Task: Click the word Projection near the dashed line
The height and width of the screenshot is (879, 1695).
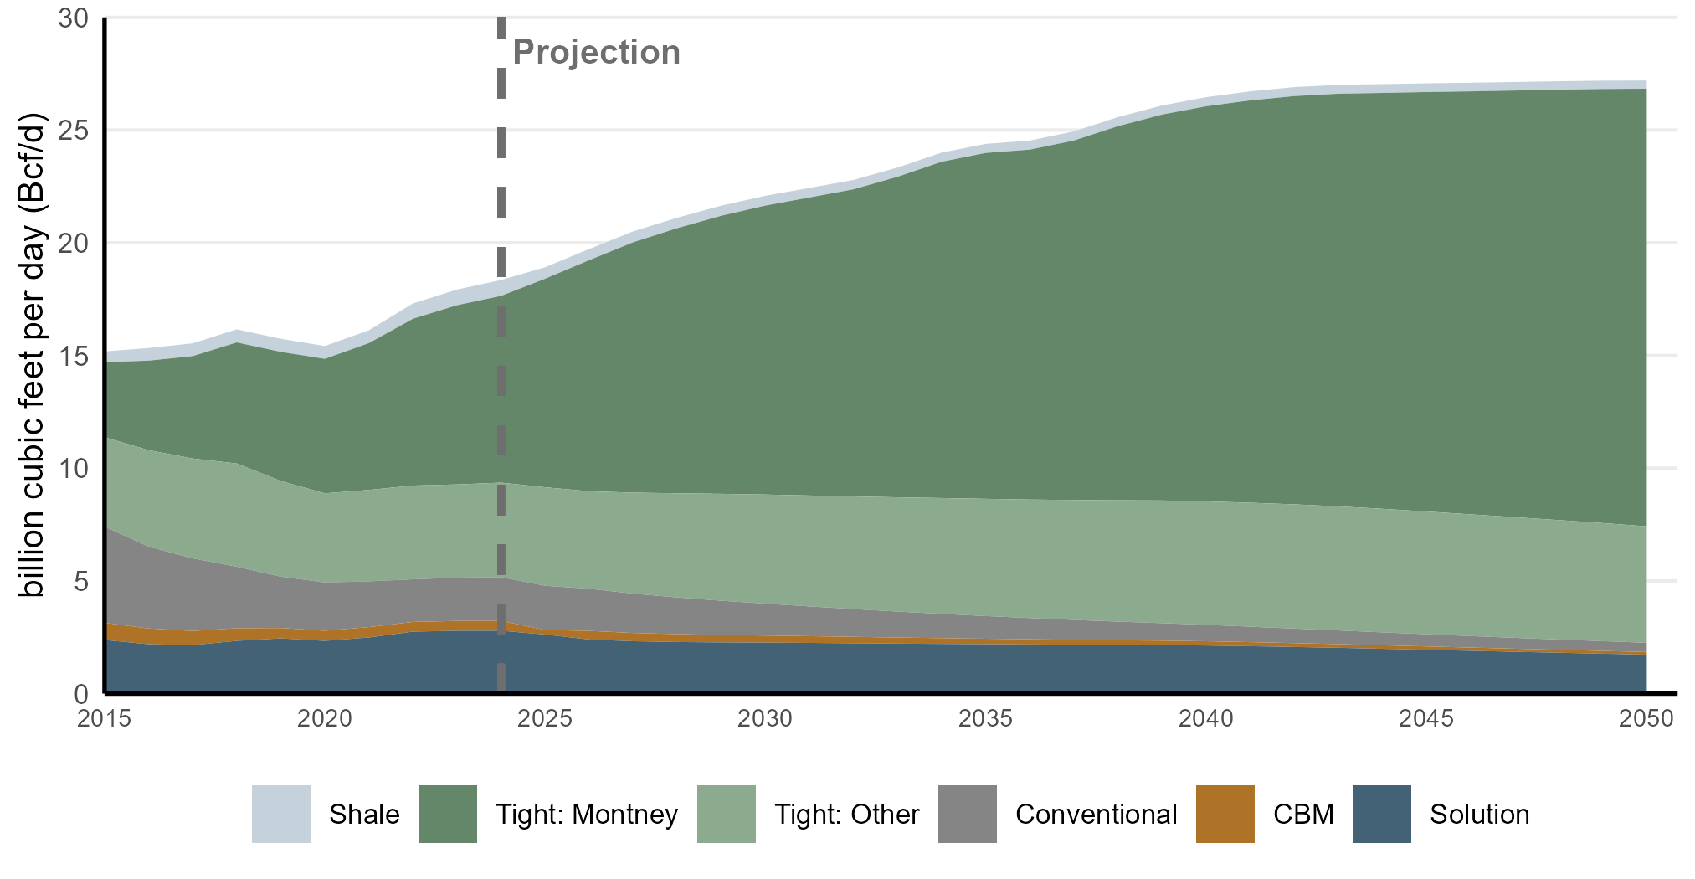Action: pyautogui.click(x=596, y=52)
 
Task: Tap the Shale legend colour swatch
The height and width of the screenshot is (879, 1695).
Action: pyautogui.click(x=281, y=814)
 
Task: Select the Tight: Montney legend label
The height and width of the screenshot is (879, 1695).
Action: pyautogui.click(x=586, y=814)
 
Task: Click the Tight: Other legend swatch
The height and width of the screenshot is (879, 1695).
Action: pyautogui.click(x=726, y=814)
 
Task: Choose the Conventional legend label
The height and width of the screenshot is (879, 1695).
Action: pyautogui.click(x=1096, y=814)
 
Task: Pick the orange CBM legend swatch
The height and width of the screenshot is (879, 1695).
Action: pyautogui.click(x=1225, y=814)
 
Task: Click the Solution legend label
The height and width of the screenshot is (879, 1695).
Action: pyautogui.click(x=1479, y=814)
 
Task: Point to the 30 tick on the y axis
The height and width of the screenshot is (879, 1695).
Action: pyautogui.click(x=74, y=18)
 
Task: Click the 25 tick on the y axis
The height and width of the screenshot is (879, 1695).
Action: pyautogui.click(x=74, y=131)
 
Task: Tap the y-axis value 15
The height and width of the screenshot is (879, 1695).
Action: pyautogui.click(x=74, y=356)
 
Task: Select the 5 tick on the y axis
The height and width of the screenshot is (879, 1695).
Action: pyautogui.click(x=81, y=581)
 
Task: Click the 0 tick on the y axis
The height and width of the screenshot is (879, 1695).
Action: pyautogui.click(x=81, y=693)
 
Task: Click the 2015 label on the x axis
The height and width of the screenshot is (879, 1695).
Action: pyautogui.click(x=105, y=718)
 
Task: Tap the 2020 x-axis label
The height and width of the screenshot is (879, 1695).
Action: pyautogui.click(x=325, y=718)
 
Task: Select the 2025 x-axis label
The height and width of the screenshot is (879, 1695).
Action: pyautogui.click(x=545, y=718)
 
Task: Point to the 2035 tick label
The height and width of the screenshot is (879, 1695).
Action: pyautogui.click(x=985, y=718)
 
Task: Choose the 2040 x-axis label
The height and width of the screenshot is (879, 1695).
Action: pyautogui.click(x=1205, y=718)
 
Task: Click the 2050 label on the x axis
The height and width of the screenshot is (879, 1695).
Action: pyautogui.click(x=1646, y=718)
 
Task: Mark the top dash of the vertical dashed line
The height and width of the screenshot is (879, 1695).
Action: pyautogui.click(x=501, y=28)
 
